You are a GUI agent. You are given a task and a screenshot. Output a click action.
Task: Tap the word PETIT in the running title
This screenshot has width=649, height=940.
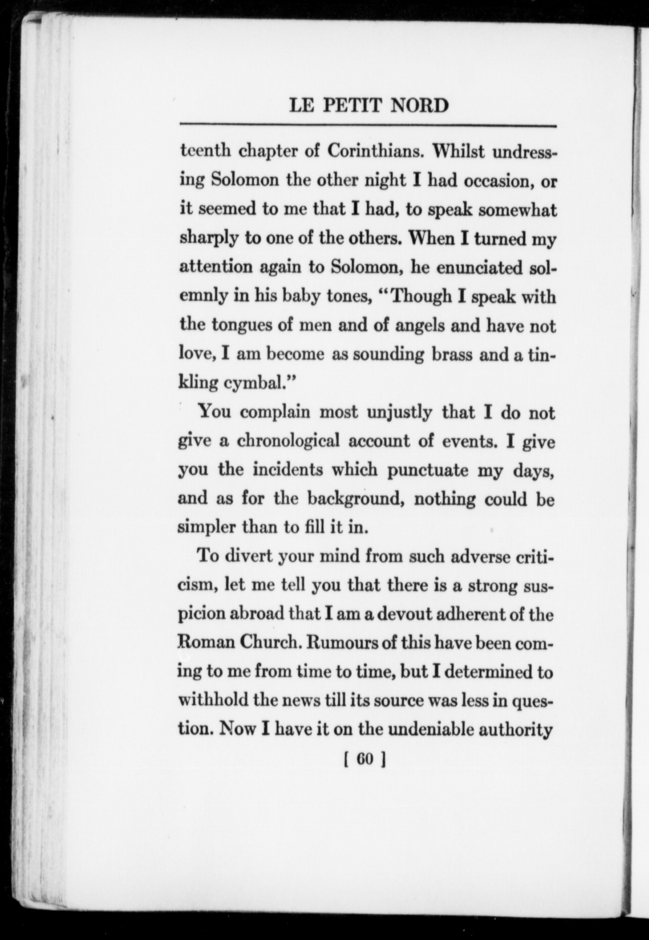[x=353, y=105]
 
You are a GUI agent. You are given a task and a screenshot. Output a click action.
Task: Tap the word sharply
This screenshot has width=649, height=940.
[x=209, y=239]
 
